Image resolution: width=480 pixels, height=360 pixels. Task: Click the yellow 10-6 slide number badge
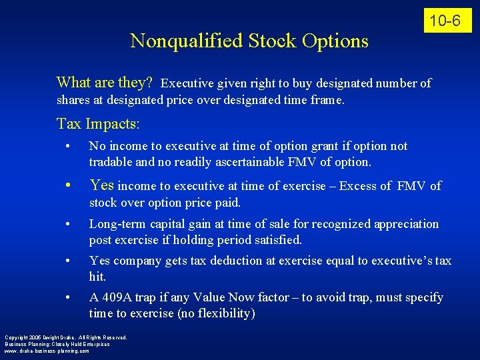pyautogui.click(x=445, y=21)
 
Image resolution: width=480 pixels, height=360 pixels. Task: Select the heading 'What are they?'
pyautogui.click(x=105, y=83)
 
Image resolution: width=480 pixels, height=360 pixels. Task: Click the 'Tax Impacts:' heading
pyautogui.click(x=99, y=123)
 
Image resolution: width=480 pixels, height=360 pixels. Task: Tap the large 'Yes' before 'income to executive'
pyautogui.click(x=102, y=185)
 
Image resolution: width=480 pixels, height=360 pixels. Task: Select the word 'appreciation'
pyautogui.click(x=407, y=224)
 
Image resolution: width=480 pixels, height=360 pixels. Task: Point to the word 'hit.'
pyautogui.click(x=98, y=277)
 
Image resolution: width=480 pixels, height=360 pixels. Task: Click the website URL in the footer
pyautogui.click(x=46, y=351)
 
